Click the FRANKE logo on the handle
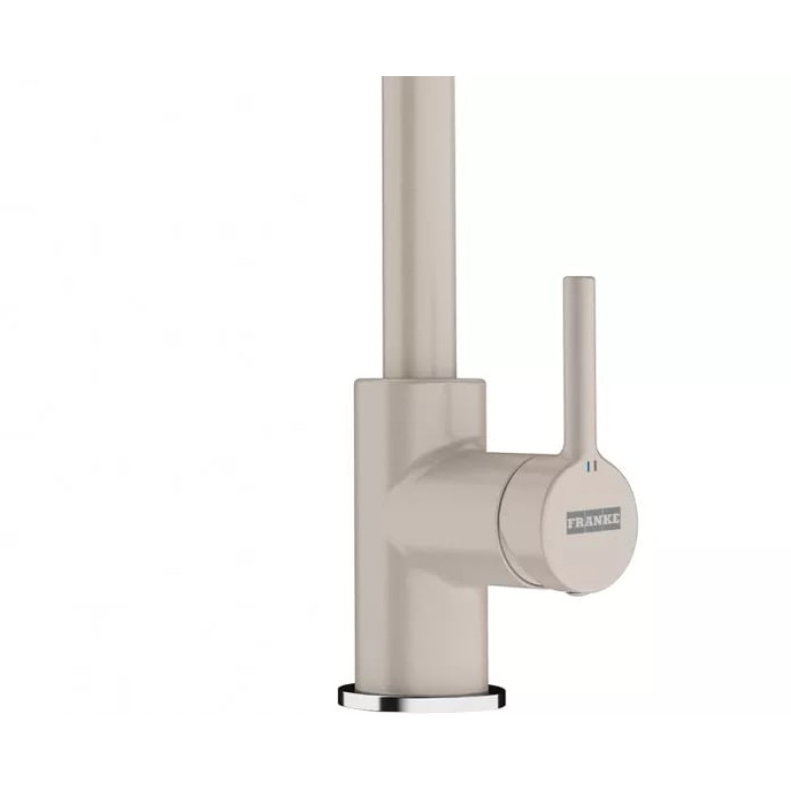pos(594,522)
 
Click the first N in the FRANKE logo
pos(597,522)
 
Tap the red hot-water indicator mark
pos(595,467)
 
